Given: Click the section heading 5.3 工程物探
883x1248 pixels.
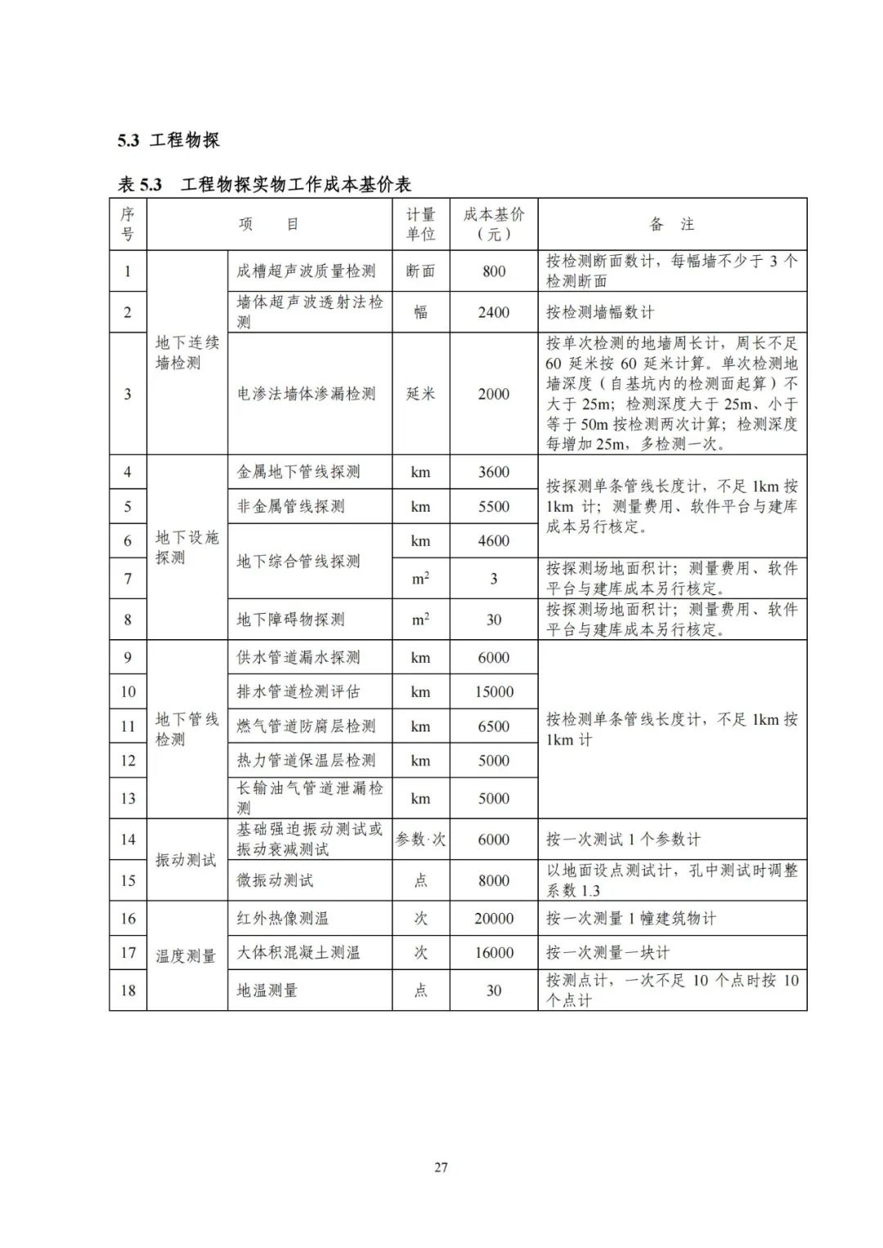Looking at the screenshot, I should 168,141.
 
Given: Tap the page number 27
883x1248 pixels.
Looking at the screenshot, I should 441,1167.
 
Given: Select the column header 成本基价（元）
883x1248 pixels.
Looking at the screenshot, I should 494,224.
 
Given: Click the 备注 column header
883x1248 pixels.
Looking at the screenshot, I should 671,224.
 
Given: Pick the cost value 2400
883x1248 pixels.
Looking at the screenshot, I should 494,312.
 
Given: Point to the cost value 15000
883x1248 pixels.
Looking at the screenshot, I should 494,691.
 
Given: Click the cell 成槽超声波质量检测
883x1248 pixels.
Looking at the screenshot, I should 307,271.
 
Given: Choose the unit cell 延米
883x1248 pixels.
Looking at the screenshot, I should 420,394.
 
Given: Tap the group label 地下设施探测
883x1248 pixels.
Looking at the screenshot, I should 187,547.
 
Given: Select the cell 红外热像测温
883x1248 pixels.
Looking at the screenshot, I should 283,919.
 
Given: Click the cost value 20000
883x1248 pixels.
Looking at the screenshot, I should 494,919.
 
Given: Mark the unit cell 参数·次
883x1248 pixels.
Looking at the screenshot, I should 420,839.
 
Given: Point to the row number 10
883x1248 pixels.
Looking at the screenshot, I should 128,691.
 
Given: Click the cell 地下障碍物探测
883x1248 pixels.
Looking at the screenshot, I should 291,620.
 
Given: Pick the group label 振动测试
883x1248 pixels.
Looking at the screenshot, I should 186,860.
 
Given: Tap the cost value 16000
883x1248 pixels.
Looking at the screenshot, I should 494,953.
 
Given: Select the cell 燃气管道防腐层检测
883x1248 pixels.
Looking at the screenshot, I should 307,726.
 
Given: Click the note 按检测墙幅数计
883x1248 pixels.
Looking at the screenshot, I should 600,312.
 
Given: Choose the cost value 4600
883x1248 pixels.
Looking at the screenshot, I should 494,541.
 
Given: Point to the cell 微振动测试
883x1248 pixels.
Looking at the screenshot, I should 276,880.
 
